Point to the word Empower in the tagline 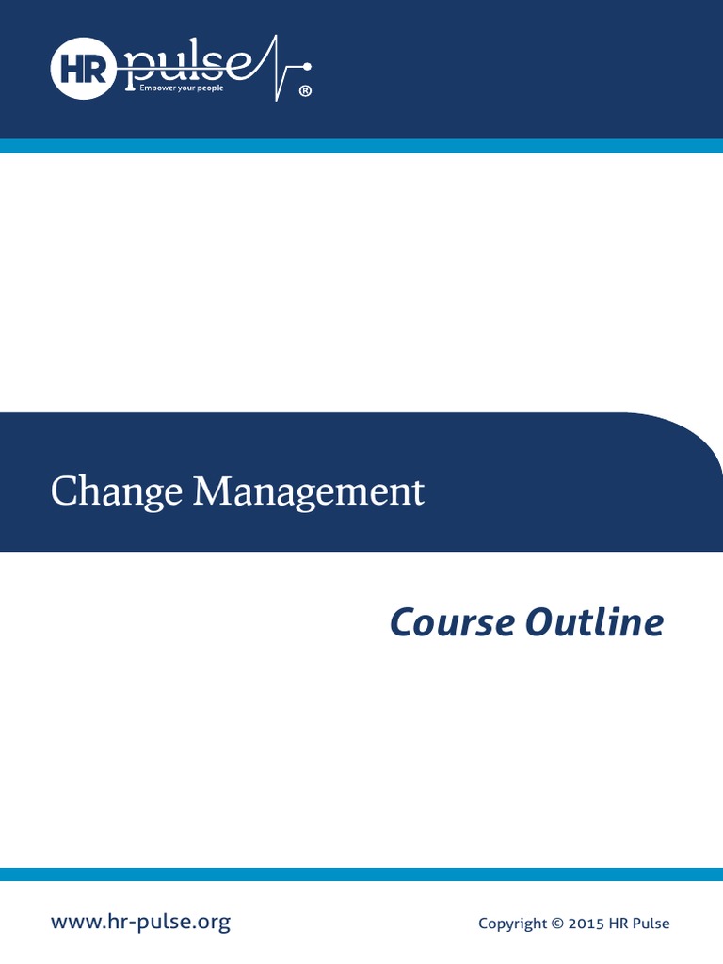(158, 90)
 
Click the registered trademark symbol (304, 91)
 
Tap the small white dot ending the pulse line (307, 66)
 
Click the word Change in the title (117, 492)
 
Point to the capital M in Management (211, 491)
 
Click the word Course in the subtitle (453, 622)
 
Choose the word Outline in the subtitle (595, 622)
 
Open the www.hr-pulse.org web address (140, 922)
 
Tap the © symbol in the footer (555, 924)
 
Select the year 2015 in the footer (586, 924)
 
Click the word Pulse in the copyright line (651, 924)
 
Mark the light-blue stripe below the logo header (361, 146)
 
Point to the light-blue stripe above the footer (361, 875)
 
